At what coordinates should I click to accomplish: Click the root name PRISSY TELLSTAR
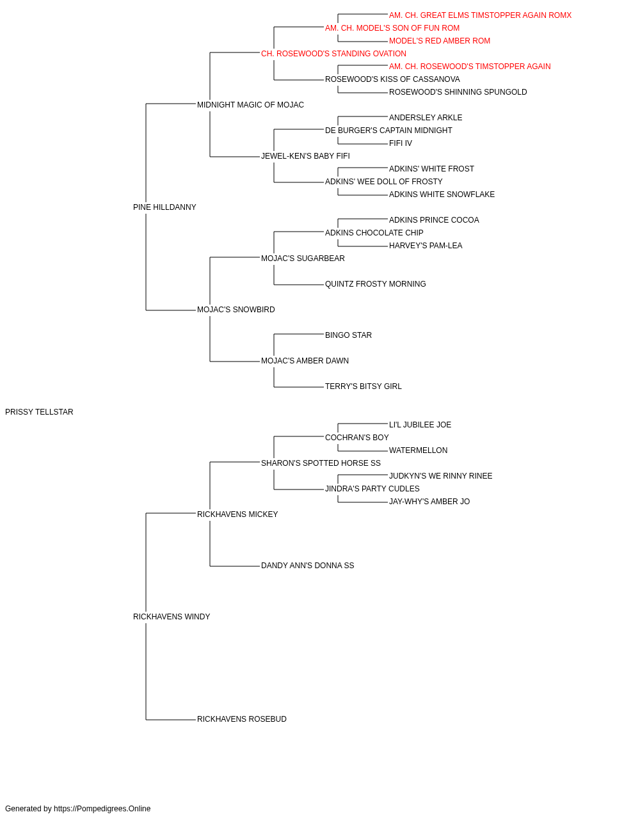click(x=39, y=412)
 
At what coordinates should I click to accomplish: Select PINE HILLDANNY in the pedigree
click(x=164, y=207)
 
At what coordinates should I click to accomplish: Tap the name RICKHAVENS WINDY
click(x=172, y=617)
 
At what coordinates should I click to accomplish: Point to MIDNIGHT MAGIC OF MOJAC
click(x=250, y=105)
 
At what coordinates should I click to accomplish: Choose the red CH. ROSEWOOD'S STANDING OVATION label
click(x=333, y=54)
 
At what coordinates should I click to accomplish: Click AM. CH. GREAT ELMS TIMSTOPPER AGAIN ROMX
click(x=480, y=15)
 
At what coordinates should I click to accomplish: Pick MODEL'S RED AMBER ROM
click(x=440, y=41)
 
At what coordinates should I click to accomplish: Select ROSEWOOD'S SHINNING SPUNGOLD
click(x=458, y=92)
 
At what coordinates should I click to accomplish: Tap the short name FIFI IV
click(x=400, y=143)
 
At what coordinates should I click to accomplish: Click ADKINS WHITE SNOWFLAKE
click(x=442, y=195)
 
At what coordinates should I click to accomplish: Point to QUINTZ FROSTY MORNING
click(x=376, y=284)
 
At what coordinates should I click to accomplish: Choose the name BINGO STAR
click(x=348, y=335)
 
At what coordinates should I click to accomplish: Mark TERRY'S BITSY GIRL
click(x=364, y=386)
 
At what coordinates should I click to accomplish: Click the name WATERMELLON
click(x=418, y=450)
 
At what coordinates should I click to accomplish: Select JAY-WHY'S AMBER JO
click(x=429, y=502)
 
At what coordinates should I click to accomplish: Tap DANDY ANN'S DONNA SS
click(x=308, y=566)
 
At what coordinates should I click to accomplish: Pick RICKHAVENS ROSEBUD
click(x=242, y=719)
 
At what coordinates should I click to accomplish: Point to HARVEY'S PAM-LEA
click(x=426, y=246)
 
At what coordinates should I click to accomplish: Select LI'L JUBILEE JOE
click(x=420, y=425)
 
